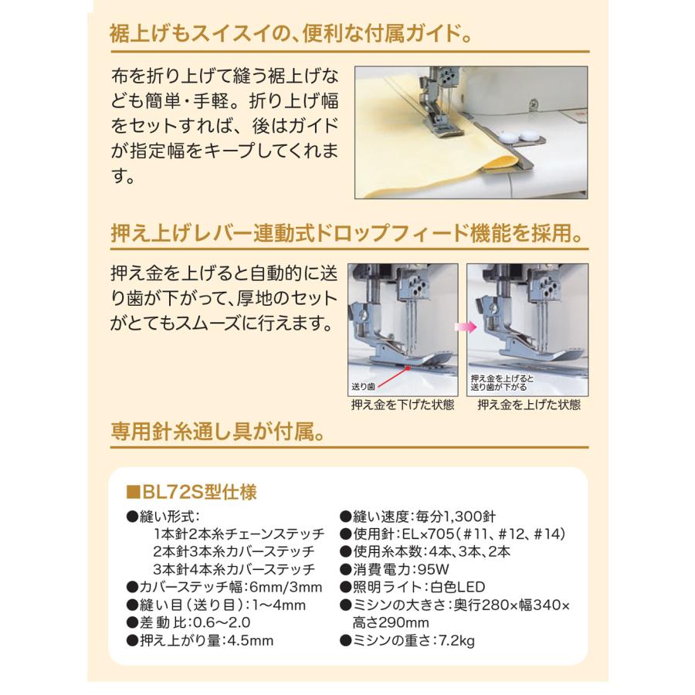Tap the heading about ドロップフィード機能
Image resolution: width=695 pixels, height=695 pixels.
pos(346,232)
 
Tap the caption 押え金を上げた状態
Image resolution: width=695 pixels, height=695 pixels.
pos(529,404)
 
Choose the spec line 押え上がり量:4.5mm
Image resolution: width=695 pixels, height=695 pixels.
pos(202,639)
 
